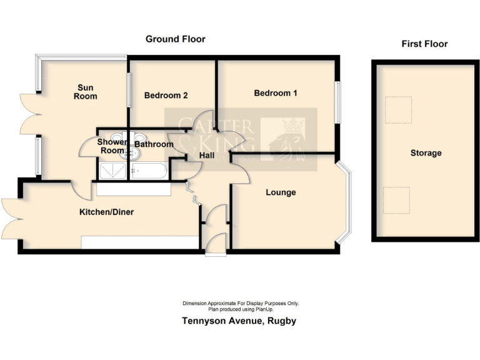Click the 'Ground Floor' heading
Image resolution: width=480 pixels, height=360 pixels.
point(175,39)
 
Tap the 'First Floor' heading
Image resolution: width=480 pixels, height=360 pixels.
point(424,44)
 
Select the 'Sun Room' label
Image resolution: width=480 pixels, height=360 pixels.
point(86,92)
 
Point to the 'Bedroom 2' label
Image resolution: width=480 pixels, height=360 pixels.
point(166,96)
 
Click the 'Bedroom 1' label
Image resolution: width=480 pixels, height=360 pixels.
point(275,93)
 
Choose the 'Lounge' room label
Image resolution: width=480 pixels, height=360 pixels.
point(281,192)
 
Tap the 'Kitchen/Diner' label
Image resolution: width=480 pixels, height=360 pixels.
point(106,212)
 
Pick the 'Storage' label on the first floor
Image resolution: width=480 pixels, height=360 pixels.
point(426,153)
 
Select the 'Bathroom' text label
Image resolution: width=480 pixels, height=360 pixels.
point(154,144)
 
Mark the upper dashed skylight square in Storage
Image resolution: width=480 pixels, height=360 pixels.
point(398,110)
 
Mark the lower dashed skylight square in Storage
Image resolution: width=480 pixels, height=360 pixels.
point(396,200)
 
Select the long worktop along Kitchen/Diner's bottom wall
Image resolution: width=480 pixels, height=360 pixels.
point(139,242)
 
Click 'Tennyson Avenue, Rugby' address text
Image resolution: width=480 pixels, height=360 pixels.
point(239,321)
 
